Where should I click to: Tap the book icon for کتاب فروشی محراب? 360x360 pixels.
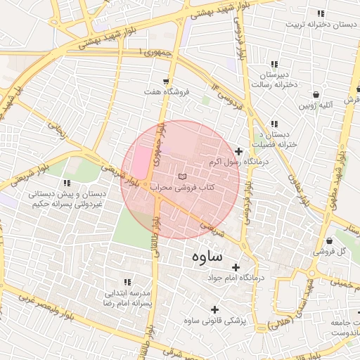tap(183, 175)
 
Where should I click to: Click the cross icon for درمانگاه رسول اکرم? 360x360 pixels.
tap(238, 151)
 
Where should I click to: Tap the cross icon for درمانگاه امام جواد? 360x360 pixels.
tap(236, 267)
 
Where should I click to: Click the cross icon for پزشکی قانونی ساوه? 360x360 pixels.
tap(214, 309)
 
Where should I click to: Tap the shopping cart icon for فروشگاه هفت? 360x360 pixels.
tap(166, 82)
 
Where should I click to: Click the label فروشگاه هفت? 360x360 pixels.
tap(167, 93)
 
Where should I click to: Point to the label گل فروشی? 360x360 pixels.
tap(333, 250)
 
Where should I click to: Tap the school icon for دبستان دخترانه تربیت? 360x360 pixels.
tap(321, 13)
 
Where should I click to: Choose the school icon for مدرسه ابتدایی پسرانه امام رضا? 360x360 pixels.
tap(127, 281)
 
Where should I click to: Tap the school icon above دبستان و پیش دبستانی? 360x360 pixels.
tap(67, 183)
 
